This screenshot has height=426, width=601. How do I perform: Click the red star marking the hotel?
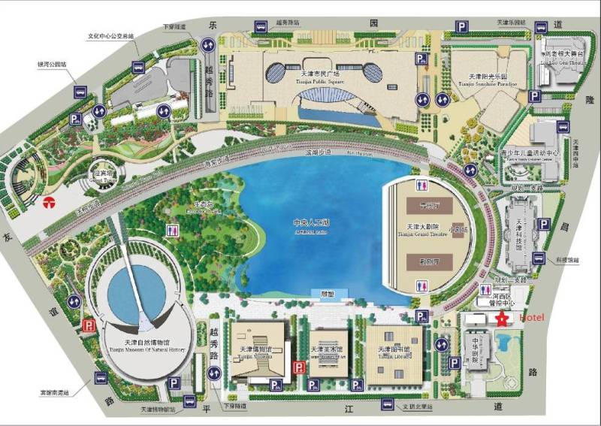click(x=500, y=319)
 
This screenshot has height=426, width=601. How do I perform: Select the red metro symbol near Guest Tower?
click(x=48, y=201)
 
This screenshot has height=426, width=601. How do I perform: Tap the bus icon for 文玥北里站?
click(x=388, y=404)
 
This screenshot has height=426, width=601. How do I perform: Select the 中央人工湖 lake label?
click(x=313, y=225)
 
